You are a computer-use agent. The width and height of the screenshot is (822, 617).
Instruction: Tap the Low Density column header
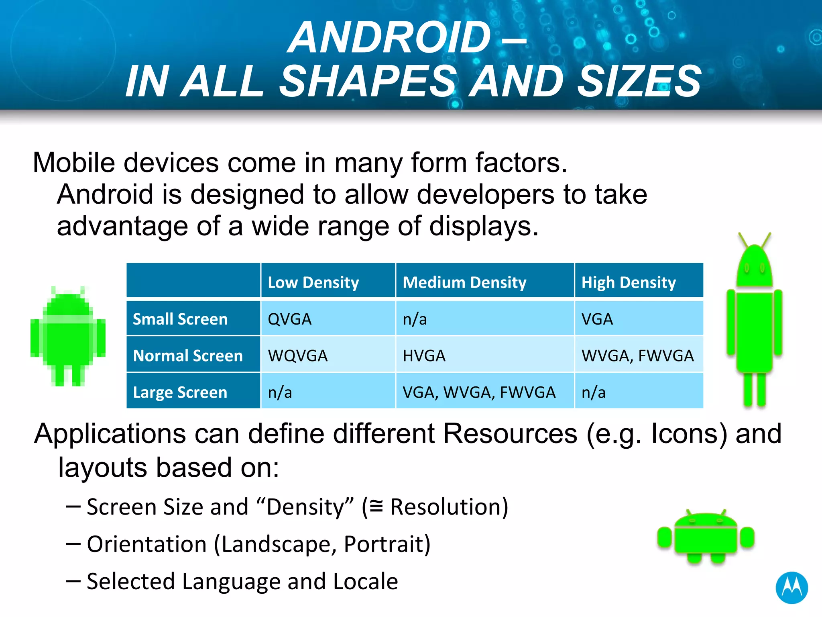pyautogui.click(x=313, y=282)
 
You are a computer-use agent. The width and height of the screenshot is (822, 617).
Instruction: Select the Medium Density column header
pyautogui.click(x=464, y=282)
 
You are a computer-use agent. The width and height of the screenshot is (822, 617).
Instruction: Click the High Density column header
pyautogui.click(x=629, y=282)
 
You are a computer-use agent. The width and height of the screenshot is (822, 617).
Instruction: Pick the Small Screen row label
pyautogui.click(x=180, y=319)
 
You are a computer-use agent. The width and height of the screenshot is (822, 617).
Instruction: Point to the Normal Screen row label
pyautogui.click(x=188, y=355)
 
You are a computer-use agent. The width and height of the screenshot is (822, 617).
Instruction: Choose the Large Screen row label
pyautogui.click(x=180, y=392)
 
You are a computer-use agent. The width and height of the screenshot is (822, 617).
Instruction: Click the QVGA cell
pyautogui.click(x=289, y=319)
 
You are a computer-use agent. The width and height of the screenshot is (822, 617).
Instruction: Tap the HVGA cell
pyautogui.click(x=424, y=355)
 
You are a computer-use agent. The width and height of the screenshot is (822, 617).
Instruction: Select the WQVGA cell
pyautogui.click(x=298, y=355)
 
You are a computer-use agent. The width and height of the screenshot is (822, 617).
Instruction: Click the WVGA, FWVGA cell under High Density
pyautogui.click(x=637, y=355)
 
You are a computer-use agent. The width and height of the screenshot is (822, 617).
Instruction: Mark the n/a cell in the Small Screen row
pyautogui.click(x=415, y=319)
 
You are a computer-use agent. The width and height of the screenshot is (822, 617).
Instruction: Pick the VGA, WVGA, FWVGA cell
pyautogui.click(x=479, y=392)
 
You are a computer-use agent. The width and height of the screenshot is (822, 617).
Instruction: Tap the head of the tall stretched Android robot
pyautogui.click(x=754, y=265)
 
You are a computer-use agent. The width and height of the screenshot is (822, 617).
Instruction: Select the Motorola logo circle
pyautogui.click(x=791, y=587)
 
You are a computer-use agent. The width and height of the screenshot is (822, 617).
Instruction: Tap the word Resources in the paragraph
pyautogui.click(x=510, y=434)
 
